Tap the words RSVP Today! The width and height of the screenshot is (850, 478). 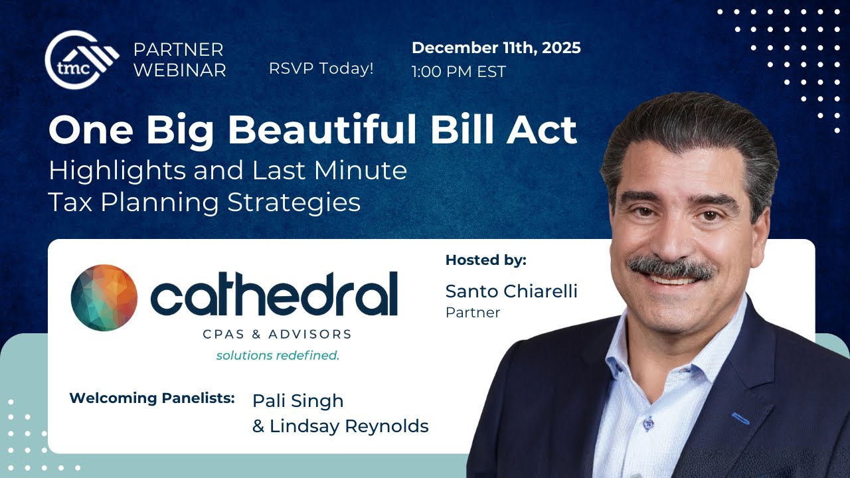(x=321, y=68)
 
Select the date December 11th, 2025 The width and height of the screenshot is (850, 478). (x=496, y=48)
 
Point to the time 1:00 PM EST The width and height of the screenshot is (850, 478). (x=458, y=72)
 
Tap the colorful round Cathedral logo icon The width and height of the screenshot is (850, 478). (x=104, y=297)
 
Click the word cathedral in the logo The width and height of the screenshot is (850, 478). (x=274, y=295)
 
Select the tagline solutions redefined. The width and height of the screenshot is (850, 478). (x=278, y=355)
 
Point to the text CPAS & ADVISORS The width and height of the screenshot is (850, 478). (x=277, y=334)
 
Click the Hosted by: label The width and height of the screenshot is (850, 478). (x=485, y=260)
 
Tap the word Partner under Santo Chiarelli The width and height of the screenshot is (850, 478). (x=473, y=312)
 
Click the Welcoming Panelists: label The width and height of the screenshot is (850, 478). (x=152, y=398)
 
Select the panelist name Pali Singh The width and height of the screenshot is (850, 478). (x=298, y=401)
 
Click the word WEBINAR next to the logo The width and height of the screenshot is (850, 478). (x=179, y=70)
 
